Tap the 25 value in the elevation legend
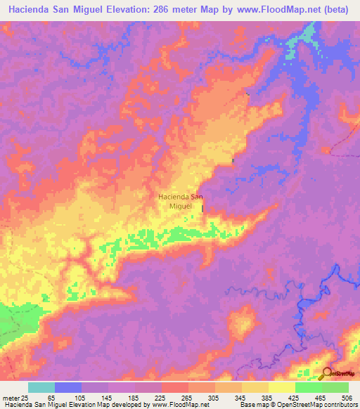26,398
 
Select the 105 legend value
79,398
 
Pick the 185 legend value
134,398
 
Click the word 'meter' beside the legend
10,398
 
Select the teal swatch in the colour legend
41,387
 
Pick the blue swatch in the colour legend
68,387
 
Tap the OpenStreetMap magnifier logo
326,372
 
